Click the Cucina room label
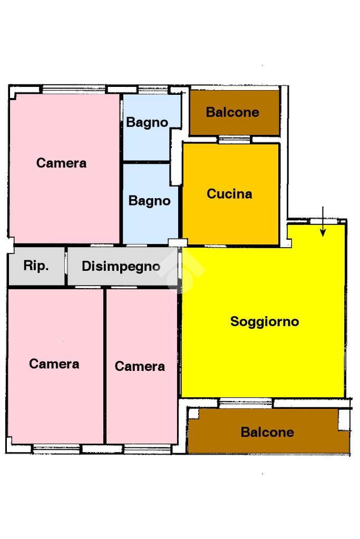[229, 194]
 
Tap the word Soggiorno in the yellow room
[265, 322]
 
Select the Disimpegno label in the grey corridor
[121, 267]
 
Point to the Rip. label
[36, 266]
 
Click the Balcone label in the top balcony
[232, 112]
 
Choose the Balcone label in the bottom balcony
[267, 432]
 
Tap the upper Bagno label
[147, 123]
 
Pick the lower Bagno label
[149, 201]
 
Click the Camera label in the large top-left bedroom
[61, 163]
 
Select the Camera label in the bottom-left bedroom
[54, 364]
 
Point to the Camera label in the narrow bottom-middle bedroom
[140, 366]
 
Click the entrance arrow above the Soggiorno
[323, 222]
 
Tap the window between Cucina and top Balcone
[235, 140]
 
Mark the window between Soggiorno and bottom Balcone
[246, 403]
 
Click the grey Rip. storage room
[36, 266]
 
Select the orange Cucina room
[230, 194]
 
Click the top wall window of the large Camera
[74, 90]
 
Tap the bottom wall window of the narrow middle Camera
[147, 449]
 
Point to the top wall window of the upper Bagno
[152, 90]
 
